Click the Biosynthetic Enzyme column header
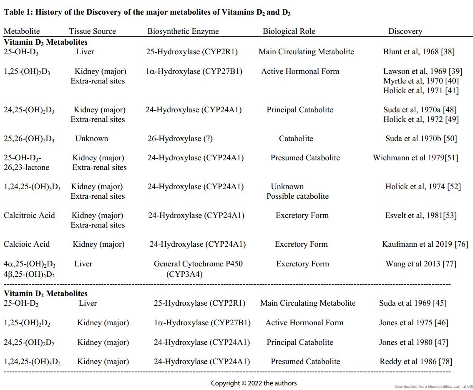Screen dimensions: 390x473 (183, 31)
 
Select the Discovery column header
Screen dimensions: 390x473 (405, 31)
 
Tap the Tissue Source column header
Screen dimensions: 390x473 (93, 31)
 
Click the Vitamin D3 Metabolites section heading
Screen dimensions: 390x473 (45, 42)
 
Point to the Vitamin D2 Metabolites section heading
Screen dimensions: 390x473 (45, 294)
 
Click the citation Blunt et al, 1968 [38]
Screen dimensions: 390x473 (419, 52)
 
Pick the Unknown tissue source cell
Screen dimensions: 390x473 (91, 139)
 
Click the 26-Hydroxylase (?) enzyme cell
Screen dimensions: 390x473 (180, 139)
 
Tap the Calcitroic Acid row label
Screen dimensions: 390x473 (29, 215)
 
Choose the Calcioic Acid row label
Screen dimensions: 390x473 (27, 244)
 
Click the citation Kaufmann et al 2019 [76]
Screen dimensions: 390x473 (425, 244)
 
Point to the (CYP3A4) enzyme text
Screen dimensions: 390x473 (184, 274)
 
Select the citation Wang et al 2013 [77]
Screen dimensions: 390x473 (421, 264)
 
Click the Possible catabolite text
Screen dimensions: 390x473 (297, 196)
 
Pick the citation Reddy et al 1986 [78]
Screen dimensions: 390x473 (416, 362)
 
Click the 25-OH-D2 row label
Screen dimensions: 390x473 (21, 303)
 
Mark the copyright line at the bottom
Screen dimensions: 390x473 (254, 383)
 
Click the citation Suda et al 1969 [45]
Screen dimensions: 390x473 (413, 303)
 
